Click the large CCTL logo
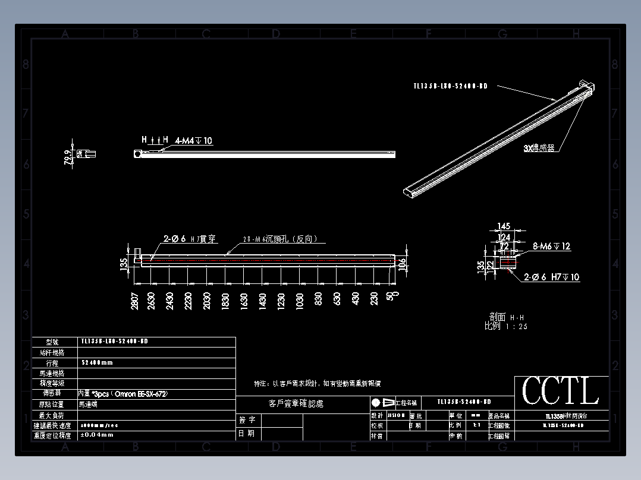pos(560,391)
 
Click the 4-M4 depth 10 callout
pos(194,141)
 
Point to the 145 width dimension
pos(504,226)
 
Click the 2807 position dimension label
pos(136,301)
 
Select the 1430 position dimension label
pos(262,301)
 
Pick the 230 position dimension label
pos(374,299)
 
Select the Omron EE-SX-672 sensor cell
pos(123,394)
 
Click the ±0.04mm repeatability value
pos(98,435)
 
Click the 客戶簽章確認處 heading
pos(296,403)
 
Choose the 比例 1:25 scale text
pos(506,326)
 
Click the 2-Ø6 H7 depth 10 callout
pos(552,277)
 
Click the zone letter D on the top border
pos(276,34)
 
